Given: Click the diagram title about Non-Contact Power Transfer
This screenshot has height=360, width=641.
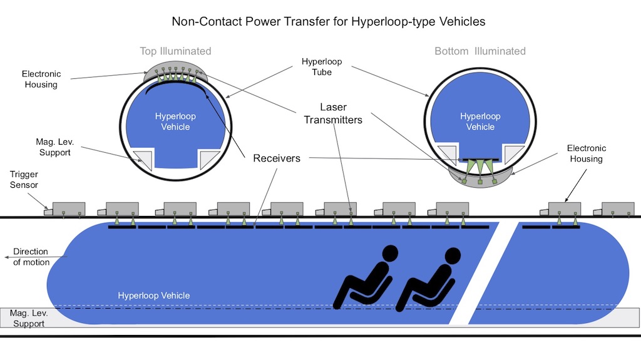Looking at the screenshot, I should tap(329, 22).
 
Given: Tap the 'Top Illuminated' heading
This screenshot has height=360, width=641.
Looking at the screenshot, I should tap(175, 51).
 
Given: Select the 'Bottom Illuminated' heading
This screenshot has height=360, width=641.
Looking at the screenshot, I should tap(480, 51).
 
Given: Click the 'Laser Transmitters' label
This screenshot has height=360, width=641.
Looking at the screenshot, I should tap(333, 114).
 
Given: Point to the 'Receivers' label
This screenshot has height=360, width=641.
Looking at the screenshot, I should tap(277, 158).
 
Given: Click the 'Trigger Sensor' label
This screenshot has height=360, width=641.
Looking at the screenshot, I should tap(24, 180).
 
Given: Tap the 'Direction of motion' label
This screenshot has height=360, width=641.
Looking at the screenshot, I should tap(31, 257).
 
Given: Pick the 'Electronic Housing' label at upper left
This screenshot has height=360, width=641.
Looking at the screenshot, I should tap(41, 79).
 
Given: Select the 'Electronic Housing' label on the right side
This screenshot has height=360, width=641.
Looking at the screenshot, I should tap(587, 153).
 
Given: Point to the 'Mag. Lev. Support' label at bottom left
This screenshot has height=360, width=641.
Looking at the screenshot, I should tap(29, 319).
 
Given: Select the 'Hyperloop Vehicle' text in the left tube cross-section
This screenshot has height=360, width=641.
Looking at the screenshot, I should tap(172, 122).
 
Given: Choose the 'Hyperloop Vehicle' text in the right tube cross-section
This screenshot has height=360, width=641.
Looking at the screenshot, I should tap(480, 121).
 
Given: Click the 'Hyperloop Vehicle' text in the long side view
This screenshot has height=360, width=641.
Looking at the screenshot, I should tap(154, 296).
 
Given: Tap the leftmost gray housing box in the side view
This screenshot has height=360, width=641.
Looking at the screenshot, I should tap(68, 209).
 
